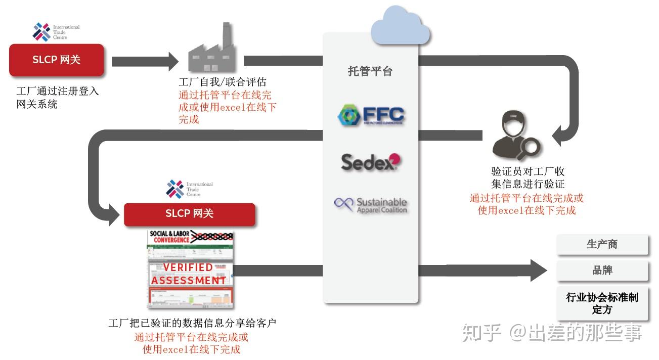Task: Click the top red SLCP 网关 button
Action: [x=57, y=60]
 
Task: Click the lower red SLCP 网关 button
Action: [x=189, y=214]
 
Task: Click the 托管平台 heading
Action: [x=370, y=71]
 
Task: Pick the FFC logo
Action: [x=370, y=115]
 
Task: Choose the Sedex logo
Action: [x=371, y=162]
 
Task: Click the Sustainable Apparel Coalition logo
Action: [x=371, y=205]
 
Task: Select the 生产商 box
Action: [x=602, y=245]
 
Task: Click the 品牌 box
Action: [x=602, y=271]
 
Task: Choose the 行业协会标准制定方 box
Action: [x=602, y=303]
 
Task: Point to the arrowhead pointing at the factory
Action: [x=172, y=61]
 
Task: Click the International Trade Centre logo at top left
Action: [x=56, y=32]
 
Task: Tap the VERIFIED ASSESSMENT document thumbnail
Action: [x=191, y=270]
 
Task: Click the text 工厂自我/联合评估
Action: [x=223, y=82]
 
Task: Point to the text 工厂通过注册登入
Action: [x=58, y=92]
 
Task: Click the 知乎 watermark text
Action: [x=480, y=333]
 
